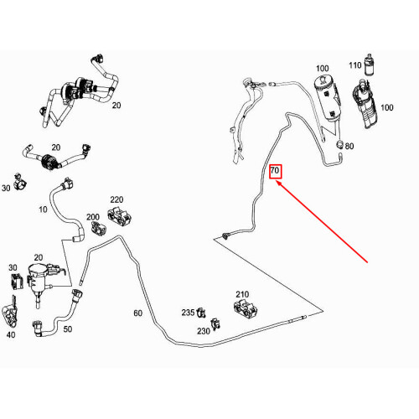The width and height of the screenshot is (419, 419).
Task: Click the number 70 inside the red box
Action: click(275, 170)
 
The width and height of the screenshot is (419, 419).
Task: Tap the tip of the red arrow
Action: click(276, 181)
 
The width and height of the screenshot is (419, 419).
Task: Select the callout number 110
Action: click(355, 65)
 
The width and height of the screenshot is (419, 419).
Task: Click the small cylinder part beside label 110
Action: click(370, 65)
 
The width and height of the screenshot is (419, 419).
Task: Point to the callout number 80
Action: click(349, 146)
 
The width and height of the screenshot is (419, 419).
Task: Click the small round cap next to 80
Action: click(339, 144)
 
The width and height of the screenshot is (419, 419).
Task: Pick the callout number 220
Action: click(116, 199)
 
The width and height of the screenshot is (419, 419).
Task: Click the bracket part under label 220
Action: click(120, 217)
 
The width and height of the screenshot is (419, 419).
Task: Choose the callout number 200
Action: click(93, 217)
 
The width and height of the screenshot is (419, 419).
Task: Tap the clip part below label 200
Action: click(99, 228)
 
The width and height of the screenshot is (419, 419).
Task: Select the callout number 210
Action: click(242, 294)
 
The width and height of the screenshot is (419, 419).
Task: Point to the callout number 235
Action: click(188, 313)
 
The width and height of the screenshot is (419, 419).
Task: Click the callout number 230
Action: click(204, 331)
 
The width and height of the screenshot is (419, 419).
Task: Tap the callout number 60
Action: click(137, 313)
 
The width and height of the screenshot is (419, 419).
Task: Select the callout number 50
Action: click(67, 329)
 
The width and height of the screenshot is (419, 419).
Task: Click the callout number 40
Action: click(11, 334)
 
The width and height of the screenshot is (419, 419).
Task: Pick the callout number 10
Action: click(43, 209)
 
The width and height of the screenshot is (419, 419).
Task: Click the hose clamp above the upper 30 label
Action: click(20, 181)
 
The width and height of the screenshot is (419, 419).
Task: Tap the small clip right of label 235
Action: click(200, 313)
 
